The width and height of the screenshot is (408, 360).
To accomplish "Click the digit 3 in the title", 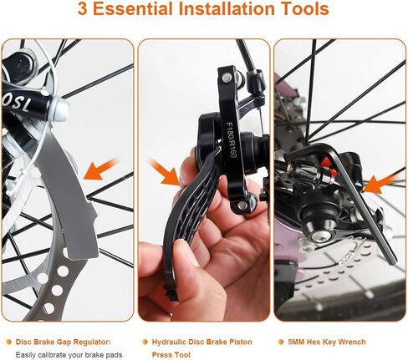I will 84,11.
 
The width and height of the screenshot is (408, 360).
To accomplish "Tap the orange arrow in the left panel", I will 102,166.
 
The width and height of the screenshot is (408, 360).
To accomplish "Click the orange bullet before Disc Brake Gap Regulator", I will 8,342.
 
